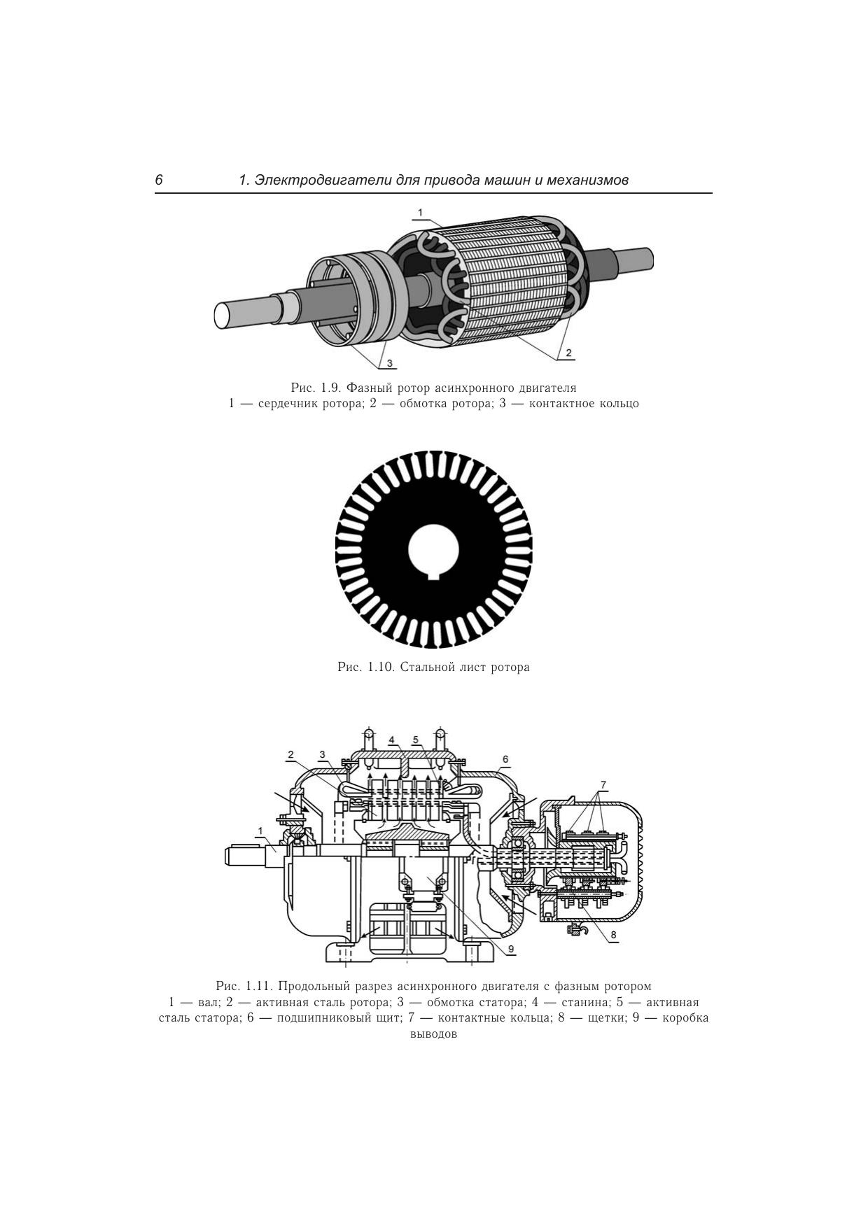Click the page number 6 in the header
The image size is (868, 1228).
(159, 181)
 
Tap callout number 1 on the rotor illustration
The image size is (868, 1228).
(421, 212)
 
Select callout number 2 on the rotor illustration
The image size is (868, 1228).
(569, 352)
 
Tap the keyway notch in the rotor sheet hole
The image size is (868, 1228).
(434, 575)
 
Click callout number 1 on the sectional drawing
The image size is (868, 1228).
(260, 831)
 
